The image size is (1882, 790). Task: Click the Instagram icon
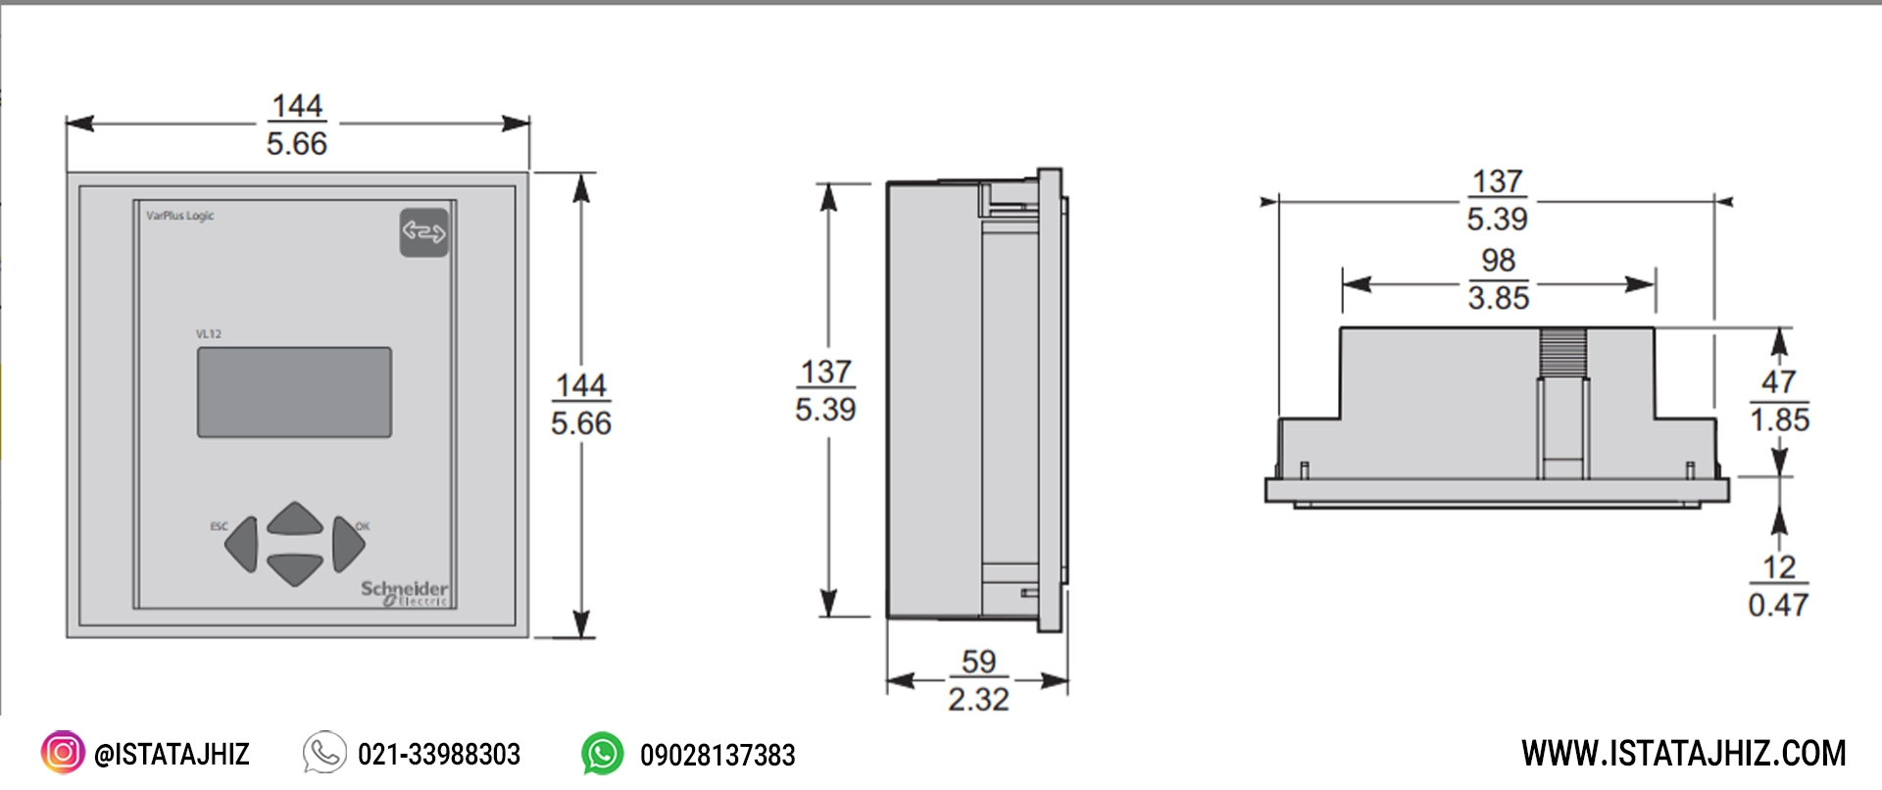[62, 753]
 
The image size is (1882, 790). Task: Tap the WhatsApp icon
[602, 754]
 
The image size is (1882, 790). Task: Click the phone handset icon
[324, 753]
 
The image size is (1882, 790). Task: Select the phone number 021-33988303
[439, 755]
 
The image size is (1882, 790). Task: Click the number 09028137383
[718, 756]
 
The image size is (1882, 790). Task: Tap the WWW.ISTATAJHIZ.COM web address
[1683, 754]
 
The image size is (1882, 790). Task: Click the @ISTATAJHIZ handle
[172, 755]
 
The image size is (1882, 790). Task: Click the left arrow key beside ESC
[242, 544]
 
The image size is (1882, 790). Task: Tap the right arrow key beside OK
[347, 544]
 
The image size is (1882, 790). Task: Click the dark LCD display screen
[294, 392]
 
